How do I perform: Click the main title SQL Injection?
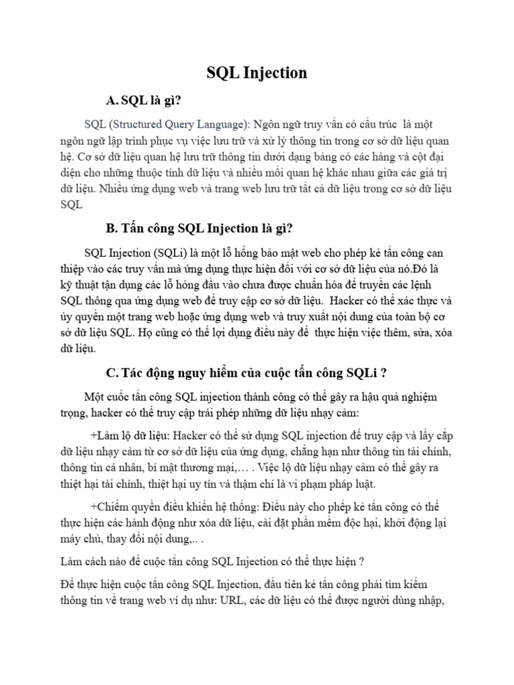pos(256,72)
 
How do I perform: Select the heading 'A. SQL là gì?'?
pos(144,100)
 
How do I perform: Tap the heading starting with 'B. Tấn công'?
pos(199,228)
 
